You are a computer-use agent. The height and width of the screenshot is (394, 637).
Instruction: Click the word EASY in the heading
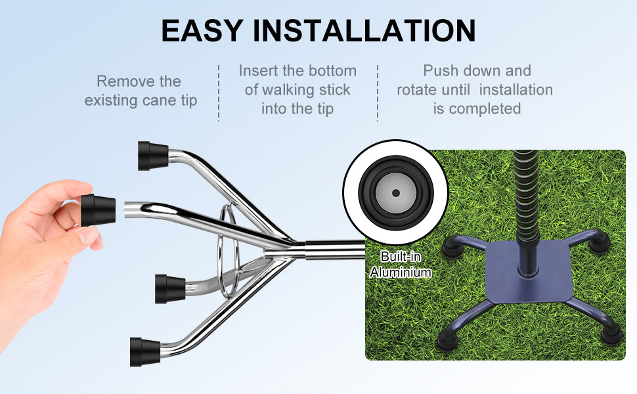tap(202, 30)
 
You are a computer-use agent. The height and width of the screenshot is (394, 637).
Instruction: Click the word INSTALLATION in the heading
tap(364, 30)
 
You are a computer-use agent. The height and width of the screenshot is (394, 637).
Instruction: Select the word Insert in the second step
tap(258, 71)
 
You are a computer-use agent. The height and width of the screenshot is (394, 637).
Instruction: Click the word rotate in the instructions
tap(420, 90)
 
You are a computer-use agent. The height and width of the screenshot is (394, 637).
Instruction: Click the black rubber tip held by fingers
tap(98, 210)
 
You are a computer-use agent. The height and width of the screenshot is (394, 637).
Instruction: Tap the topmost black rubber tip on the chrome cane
tap(153, 156)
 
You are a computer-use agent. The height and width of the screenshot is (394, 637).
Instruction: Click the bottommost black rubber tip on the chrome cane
tap(145, 352)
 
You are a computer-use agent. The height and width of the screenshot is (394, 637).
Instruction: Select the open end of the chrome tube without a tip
tap(126, 209)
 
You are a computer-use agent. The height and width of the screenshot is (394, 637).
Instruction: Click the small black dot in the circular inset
tap(396, 193)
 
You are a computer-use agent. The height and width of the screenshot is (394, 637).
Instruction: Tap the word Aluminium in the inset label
tap(401, 272)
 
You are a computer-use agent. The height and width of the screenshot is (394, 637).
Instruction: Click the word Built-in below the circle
tap(401, 257)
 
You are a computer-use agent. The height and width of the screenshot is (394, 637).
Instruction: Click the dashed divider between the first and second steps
tap(219, 93)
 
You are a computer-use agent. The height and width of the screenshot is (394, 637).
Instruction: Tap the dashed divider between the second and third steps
tap(378, 93)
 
